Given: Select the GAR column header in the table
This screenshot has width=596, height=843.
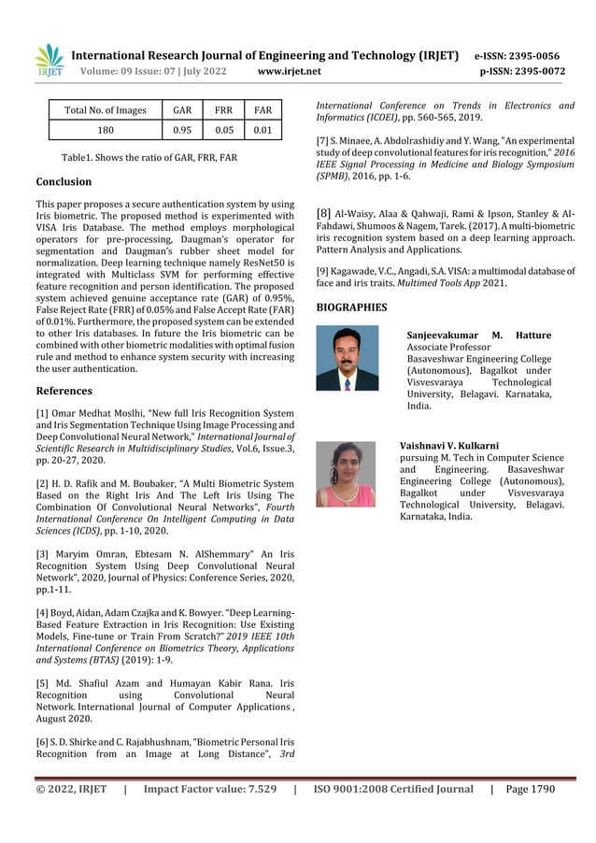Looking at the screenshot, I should (x=183, y=110).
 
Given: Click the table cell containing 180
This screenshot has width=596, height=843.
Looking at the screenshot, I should (x=106, y=130).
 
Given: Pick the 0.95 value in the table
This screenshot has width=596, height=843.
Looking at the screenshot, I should (x=183, y=130).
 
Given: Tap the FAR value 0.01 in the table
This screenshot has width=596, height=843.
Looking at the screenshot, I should (x=263, y=130).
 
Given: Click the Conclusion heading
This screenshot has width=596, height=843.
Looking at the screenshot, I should (x=64, y=181).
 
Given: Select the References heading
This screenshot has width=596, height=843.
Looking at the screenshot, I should (x=64, y=391).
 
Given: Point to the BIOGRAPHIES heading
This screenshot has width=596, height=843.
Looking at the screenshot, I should (x=351, y=307).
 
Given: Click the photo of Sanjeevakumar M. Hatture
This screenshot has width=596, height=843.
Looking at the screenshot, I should (x=348, y=358).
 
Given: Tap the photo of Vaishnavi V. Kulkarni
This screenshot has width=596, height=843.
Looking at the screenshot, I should (x=346, y=475).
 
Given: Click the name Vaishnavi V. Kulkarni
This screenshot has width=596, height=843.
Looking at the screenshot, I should (x=449, y=447).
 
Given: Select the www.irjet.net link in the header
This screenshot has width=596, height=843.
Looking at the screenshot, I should (x=289, y=71).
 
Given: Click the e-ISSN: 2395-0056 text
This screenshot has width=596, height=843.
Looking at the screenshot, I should (x=517, y=56).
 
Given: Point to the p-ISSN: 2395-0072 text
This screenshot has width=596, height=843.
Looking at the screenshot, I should (x=522, y=71).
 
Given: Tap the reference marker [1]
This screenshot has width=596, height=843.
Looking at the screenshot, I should (x=43, y=413).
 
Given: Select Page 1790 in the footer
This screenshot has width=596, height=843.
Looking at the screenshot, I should (x=530, y=789).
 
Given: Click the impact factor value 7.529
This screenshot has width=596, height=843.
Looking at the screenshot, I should (x=254, y=789).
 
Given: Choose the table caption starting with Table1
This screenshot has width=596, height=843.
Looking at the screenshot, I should (x=149, y=157).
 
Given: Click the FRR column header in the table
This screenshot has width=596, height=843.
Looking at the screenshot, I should (x=224, y=110).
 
